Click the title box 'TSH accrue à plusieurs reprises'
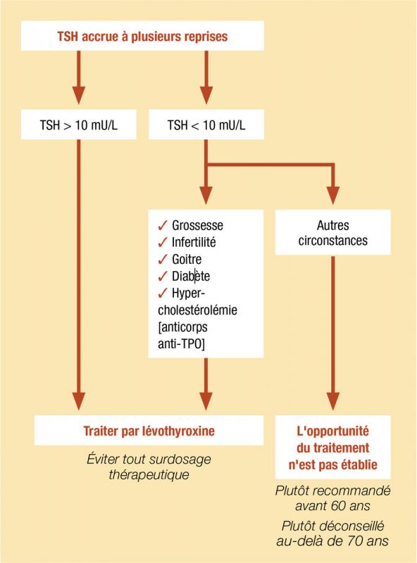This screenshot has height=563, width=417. click(x=142, y=36)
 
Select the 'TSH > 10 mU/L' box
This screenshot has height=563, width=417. click(x=79, y=125)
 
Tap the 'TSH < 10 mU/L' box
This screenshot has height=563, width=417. click(x=206, y=125)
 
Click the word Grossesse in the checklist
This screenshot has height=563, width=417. click(x=197, y=225)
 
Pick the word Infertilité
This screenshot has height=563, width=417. click(x=194, y=242)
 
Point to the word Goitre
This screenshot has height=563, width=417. click(x=187, y=259)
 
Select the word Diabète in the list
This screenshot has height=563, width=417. click(x=191, y=276)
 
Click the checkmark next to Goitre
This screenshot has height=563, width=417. click(x=163, y=259)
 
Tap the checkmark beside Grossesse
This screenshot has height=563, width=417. click(x=163, y=225)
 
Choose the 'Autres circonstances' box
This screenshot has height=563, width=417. click(x=333, y=232)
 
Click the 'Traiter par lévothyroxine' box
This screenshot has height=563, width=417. click(x=149, y=431)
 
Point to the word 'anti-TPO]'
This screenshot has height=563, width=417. click(x=181, y=344)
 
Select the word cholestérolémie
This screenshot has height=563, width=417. click(x=197, y=310)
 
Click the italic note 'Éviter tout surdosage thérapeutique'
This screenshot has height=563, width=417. click(x=149, y=467)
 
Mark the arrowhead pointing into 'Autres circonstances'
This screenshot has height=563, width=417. click(x=333, y=196)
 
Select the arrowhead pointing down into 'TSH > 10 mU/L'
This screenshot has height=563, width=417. click(x=79, y=96)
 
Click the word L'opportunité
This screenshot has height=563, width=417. click(x=333, y=431)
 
